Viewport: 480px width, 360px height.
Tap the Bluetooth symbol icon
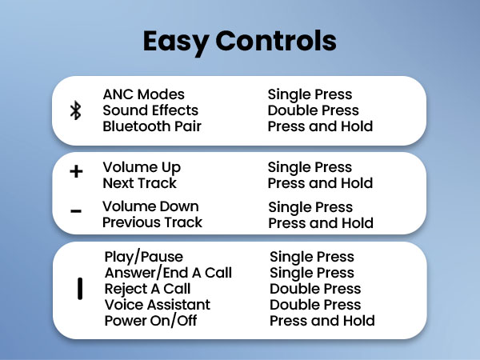pos(76,110)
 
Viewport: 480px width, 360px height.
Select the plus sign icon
pos(76,171)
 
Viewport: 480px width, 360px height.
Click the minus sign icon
pos(76,211)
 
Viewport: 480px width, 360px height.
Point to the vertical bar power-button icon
pos(80,289)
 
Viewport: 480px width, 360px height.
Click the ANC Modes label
pos(143,94)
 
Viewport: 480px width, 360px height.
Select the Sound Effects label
pos(150,110)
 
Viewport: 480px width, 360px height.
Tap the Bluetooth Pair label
pos(152,126)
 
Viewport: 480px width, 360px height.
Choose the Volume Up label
pos(142,167)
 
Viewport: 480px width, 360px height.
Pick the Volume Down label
pos(150,206)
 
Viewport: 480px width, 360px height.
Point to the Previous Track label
pos(152,222)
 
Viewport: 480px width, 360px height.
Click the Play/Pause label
pos(144,257)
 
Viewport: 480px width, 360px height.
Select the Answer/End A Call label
pos(168,273)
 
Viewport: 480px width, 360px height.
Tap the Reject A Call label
pos(148,289)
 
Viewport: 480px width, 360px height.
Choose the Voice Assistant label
pos(158,305)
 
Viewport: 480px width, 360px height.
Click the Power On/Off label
pos(150,321)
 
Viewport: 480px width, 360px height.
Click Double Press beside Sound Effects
pos(314,110)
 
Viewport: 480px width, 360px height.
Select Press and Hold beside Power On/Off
pos(322,321)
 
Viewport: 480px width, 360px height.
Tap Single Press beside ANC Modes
pos(310,94)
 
